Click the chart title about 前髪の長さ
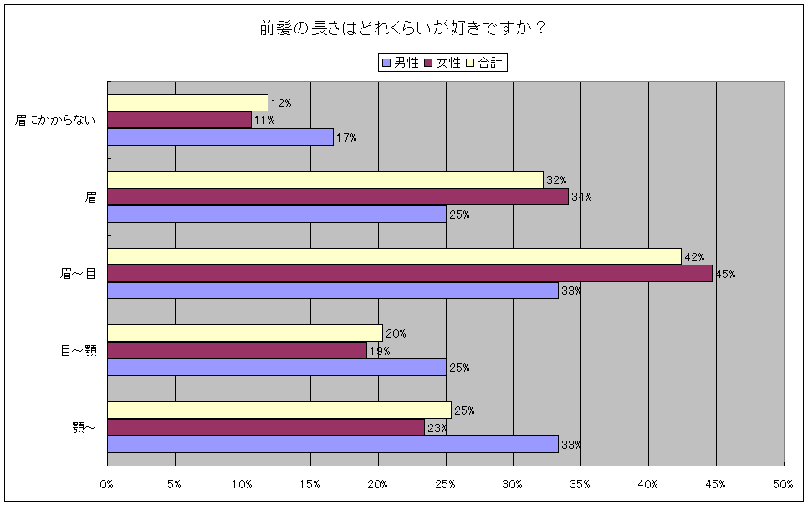403,28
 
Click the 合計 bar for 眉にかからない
187,102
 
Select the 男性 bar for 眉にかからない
220,137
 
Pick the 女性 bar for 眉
338,197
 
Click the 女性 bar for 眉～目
410,274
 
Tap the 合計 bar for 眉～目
394,256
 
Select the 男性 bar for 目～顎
277,368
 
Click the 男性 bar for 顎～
333,445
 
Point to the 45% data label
724,274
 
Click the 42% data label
695,257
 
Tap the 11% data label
263,121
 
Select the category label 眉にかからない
56,120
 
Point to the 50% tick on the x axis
783,484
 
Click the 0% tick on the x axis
107,484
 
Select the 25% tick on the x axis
445,484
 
